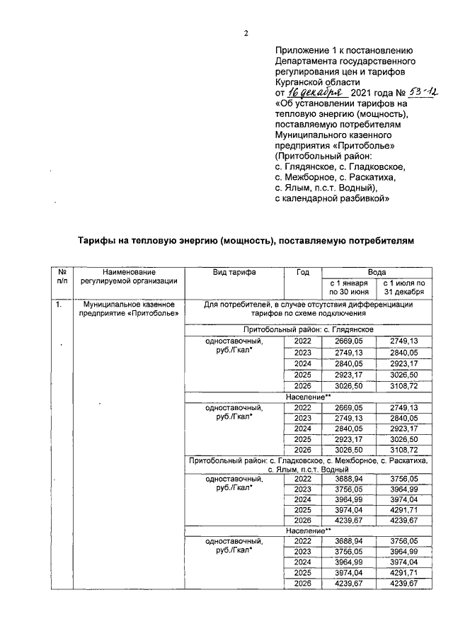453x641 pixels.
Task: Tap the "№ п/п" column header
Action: coord(62,276)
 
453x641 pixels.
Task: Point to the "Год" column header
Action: coord(302,272)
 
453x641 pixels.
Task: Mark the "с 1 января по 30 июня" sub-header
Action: coord(348,286)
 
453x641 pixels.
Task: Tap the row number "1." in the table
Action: coord(59,305)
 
